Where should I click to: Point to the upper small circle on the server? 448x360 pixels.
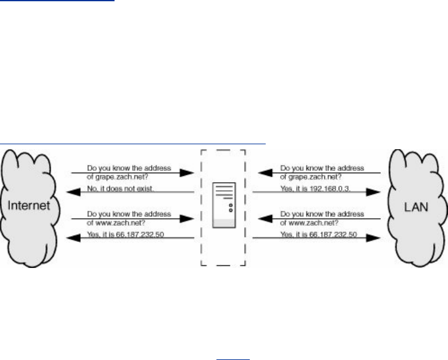[231, 205]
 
